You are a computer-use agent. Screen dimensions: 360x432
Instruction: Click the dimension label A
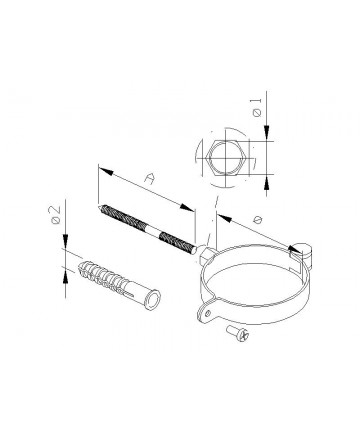point(150,178)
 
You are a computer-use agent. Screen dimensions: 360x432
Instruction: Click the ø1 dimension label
point(257,108)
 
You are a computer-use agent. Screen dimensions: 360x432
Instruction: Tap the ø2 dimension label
point(55,214)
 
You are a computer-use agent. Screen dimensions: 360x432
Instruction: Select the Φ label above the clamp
point(257,220)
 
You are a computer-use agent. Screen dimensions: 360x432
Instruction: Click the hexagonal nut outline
point(226,158)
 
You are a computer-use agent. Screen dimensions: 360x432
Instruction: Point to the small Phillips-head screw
point(237,334)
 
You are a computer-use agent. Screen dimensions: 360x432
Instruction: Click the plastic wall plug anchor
point(119,285)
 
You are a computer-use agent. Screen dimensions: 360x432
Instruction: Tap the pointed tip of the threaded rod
point(100,207)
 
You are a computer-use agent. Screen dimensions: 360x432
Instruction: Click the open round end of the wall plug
point(153,299)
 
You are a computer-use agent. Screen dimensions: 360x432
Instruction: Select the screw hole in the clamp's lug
point(208,313)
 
